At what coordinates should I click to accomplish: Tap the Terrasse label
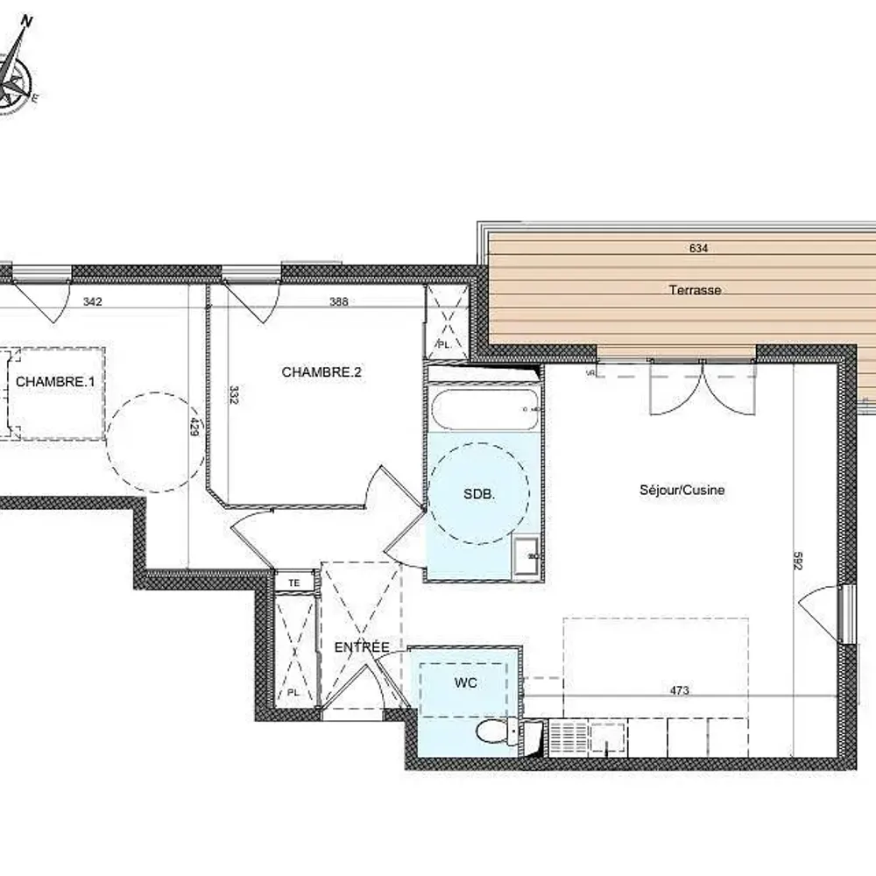pyautogui.click(x=695, y=289)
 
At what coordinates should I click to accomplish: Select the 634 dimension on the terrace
pyautogui.click(x=698, y=248)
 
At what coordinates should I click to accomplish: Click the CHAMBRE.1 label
pyautogui.click(x=54, y=382)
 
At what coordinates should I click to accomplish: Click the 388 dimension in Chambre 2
pyautogui.click(x=339, y=302)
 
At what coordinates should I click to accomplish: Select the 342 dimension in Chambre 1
pyautogui.click(x=93, y=302)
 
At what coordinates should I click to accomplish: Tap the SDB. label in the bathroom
pyautogui.click(x=479, y=494)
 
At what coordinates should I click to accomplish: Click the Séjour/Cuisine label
pyautogui.click(x=682, y=491)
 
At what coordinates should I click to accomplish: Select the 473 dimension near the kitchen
pyautogui.click(x=679, y=690)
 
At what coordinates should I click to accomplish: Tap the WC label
pyautogui.click(x=465, y=683)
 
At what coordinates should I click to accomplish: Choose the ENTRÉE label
pyautogui.click(x=362, y=647)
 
